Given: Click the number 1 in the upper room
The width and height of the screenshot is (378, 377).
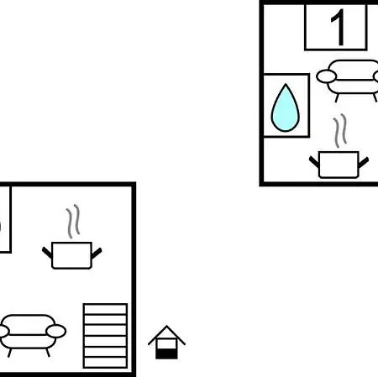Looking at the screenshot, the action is point(339,28).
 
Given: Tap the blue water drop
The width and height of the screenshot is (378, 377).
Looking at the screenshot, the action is point(286,108).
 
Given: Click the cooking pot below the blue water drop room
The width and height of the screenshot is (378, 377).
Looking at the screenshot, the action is point(339,165).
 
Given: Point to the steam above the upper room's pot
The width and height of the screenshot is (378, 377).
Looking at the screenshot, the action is point(340,130).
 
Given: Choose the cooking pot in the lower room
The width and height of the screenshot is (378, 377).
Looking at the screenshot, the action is point(72,255).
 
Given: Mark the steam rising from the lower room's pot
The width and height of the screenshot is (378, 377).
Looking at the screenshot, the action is point(73,221).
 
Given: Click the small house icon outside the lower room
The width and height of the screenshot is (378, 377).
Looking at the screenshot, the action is point(166,342).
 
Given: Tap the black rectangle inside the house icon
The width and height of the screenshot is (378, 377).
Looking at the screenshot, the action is point(166,353).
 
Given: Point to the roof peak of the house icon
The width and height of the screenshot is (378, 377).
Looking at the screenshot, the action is point(166,326).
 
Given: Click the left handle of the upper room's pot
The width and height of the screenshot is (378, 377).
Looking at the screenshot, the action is point(314,162).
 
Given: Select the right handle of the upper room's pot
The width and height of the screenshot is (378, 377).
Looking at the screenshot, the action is point(364,163).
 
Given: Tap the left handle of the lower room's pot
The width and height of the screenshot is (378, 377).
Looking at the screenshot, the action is point(47,253).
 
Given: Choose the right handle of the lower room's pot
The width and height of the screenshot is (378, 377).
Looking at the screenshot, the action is point(97,254).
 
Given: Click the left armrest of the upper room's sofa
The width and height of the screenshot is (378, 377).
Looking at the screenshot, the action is point(326,76).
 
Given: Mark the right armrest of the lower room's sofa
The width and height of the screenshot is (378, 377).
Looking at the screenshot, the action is point(56,331).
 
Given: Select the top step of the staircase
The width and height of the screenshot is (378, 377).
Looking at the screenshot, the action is point(105,309).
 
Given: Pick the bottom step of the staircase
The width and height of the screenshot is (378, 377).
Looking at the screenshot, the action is point(105,362).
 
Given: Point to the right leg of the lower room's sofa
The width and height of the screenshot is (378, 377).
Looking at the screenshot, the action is point(48,353).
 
